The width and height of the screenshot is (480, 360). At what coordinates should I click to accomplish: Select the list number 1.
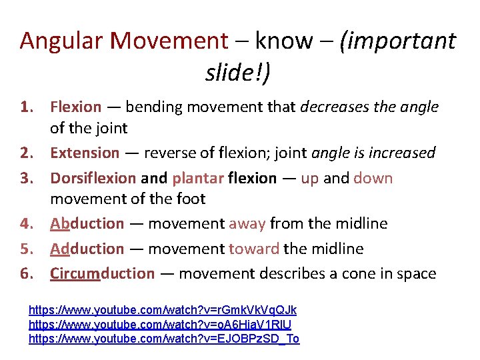click(x=27, y=107)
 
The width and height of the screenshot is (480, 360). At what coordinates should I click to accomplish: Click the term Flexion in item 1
click(x=76, y=107)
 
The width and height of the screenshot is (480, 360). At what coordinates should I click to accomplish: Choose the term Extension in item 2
click(x=85, y=153)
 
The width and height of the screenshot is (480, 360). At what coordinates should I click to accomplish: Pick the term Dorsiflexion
click(x=93, y=178)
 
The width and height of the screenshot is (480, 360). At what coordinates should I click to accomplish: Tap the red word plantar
click(x=198, y=178)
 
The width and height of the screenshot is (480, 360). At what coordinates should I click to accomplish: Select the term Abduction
click(x=87, y=223)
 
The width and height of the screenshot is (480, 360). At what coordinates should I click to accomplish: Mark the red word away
click(x=247, y=223)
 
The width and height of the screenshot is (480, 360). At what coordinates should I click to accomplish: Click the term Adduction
click(x=87, y=249)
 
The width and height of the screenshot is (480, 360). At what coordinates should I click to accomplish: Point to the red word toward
click(x=254, y=249)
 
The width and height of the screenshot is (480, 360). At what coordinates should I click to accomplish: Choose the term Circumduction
click(x=103, y=273)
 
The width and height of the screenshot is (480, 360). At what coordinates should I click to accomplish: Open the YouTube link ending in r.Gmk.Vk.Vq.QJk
click(x=163, y=311)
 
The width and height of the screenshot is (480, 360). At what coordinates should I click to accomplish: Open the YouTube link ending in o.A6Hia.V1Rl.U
click(x=160, y=325)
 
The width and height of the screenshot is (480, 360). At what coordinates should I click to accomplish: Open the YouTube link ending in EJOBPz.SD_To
click(x=164, y=339)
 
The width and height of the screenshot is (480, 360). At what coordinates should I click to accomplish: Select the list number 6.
click(x=27, y=273)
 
